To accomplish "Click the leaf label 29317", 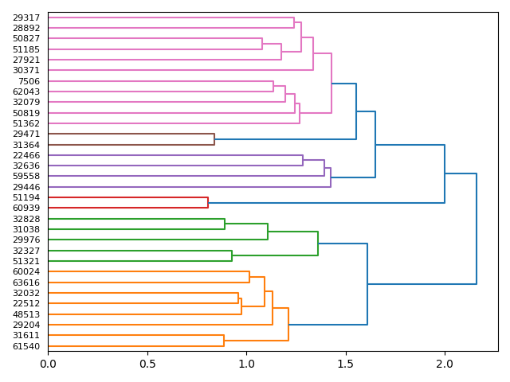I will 27,18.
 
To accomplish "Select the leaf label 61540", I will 27,346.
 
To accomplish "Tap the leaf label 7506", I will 29,81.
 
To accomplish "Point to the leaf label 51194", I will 27,197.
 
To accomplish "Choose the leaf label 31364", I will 27,145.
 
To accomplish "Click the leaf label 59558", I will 27,177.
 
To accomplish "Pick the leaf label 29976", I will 27,240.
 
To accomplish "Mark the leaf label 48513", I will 27,314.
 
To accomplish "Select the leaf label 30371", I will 27,70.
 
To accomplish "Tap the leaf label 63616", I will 27,283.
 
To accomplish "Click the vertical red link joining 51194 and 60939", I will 208,203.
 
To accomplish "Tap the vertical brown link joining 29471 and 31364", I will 214,139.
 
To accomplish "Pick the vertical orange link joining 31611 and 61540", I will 224,341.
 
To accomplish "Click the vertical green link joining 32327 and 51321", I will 232,255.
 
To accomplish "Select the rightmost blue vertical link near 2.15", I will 477,228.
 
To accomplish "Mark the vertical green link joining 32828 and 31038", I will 225,224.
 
